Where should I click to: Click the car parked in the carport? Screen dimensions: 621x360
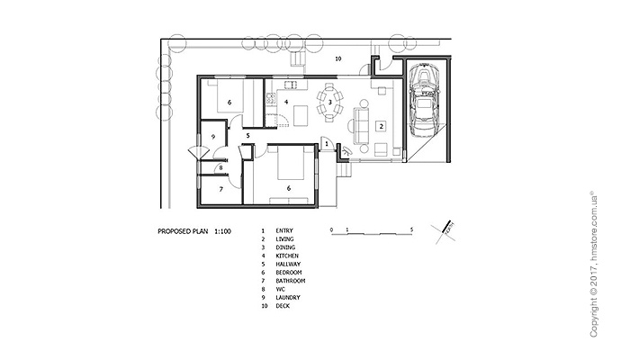[424, 100]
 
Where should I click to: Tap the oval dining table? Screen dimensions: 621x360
[330, 103]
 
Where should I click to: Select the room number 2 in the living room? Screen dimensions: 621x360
[381, 126]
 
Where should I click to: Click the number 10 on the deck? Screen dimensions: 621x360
[337, 58]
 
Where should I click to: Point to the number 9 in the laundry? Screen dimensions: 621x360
[213, 137]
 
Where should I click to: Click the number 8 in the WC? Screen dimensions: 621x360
[220, 167]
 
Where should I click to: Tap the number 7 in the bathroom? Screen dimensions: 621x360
[221, 189]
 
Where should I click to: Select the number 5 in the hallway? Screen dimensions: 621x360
[247, 135]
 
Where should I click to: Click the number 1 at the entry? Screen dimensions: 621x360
[327, 144]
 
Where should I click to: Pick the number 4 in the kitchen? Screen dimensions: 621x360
[286, 102]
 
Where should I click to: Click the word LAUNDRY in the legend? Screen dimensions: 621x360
[288, 297]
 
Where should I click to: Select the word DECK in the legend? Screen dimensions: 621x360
[283, 306]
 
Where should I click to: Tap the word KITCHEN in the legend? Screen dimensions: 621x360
[287, 256]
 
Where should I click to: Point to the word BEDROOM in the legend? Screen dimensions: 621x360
[289, 273]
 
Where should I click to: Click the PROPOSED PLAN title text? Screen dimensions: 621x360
[183, 231]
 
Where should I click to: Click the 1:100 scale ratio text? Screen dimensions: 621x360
[222, 231]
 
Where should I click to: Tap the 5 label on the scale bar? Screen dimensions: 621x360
[412, 229]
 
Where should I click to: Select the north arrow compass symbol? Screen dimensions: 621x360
[444, 231]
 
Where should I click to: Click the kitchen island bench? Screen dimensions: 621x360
[301, 115]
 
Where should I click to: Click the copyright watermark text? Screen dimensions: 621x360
[593, 265]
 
